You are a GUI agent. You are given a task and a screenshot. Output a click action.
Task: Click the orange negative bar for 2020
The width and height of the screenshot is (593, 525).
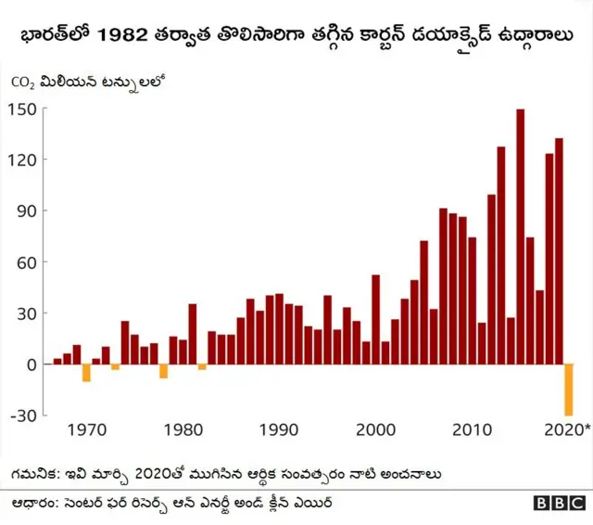point(569,390)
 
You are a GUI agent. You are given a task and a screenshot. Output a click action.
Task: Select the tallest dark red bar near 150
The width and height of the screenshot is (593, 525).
point(520,237)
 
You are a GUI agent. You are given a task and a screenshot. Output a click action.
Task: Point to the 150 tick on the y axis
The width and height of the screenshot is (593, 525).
point(22,109)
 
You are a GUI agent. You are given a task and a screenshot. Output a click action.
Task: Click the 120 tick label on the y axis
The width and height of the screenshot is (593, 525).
point(22,160)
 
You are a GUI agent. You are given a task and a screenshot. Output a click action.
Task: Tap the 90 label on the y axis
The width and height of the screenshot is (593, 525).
point(26,211)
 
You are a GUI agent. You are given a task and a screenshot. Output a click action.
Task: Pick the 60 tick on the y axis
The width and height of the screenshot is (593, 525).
point(26,262)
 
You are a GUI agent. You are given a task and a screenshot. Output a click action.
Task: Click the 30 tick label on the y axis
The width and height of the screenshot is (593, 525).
point(26,314)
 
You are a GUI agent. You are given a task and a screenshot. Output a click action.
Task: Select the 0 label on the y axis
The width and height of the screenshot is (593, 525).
point(31,365)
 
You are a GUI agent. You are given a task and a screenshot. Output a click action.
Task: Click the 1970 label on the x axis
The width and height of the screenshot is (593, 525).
point(85,430)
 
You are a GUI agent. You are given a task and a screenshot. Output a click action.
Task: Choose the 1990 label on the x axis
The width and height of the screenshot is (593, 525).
point(279,430)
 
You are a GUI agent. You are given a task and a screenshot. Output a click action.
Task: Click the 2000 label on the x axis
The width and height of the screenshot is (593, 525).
point(375,430)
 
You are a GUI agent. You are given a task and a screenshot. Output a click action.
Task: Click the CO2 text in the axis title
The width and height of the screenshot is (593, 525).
point(22,82)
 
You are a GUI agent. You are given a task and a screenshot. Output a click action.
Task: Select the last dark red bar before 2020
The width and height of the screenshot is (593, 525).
point(559,250)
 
